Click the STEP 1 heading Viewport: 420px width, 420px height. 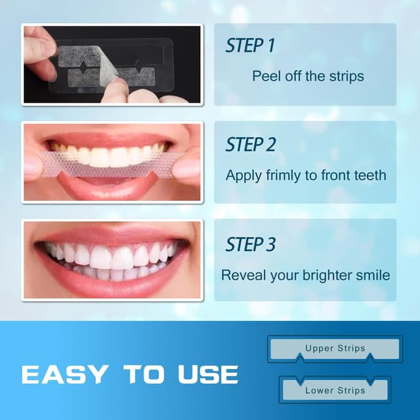point(250,46)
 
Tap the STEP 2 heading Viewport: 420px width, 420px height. point(251,144)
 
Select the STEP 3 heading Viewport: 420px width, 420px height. point(251,245)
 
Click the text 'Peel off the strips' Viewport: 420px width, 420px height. point(307,76)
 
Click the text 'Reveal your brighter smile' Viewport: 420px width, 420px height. point(305,275)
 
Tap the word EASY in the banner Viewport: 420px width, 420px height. point(64,374)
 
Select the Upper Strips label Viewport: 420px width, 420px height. point(335,349)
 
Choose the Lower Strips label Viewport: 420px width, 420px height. point(335,390)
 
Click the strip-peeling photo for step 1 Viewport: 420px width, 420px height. point(112,64)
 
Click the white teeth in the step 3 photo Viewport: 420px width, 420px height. point(112,256)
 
